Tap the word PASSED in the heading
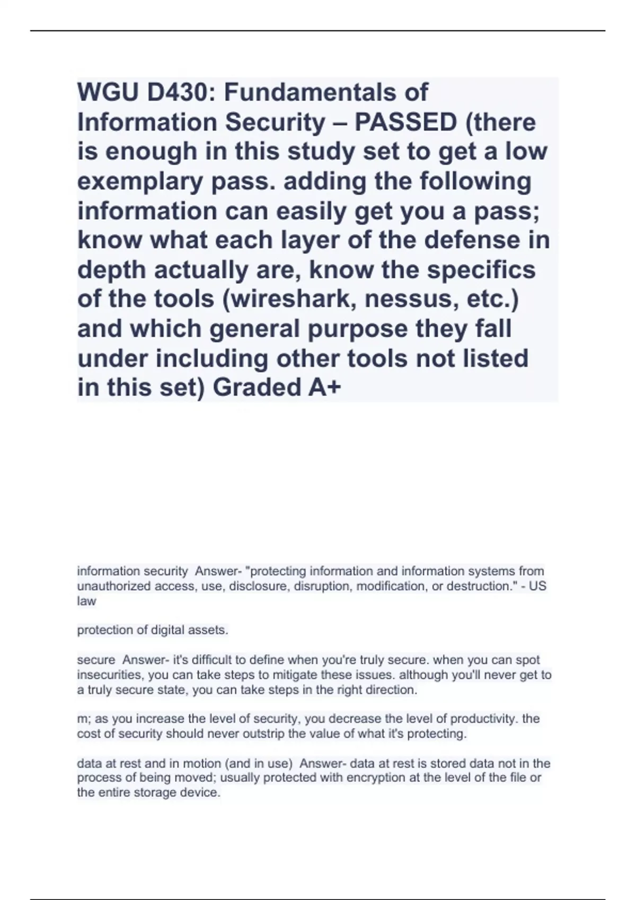tap(405, 122)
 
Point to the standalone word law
tap(86, 601)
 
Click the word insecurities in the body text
tap(110, 675)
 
